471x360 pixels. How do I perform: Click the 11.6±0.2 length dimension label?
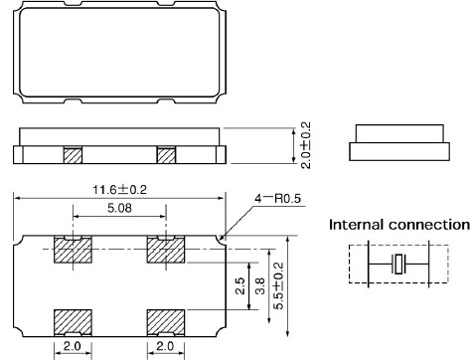coord(119,190)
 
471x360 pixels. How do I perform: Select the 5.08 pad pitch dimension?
coord(119,208)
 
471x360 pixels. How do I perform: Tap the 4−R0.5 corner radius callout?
coord(277,199)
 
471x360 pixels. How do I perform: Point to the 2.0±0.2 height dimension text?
coord(306,145)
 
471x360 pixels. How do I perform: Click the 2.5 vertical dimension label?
coord(240,286)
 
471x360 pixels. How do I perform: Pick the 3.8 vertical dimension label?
coord(260,286)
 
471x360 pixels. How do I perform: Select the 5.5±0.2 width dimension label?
coord(278,285)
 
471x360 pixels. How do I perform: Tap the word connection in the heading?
coord(429,225)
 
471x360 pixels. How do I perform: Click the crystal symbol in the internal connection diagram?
coord(398,265)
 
